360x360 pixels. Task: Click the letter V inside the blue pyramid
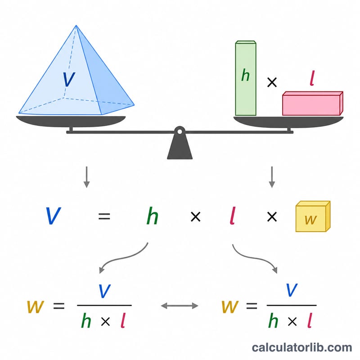(x=69, y=79)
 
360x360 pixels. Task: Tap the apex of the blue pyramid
(x=76, y=26)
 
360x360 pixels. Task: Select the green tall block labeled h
(x=246, y=78)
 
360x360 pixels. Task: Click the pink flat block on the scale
(x=313, y=103)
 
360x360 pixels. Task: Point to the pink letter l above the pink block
(x=312, y=78)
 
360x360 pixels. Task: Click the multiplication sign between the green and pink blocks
(x=272, y=82)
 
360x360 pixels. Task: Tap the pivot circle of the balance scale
(x=180, y=132)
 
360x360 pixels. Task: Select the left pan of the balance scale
(x=71, y=121)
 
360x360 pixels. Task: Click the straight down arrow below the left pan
(x=86, y=177)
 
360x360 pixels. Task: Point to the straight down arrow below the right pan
(x=272, y=177)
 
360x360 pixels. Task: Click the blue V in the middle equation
(x=53, y=216)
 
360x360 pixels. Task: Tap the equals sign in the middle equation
(x=104, y=216)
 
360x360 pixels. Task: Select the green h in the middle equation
(x=153, y=216)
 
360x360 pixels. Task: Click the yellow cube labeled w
(x=313, y=216)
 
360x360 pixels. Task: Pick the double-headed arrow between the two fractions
(x=180, y=306)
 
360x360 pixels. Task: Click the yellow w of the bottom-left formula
(x=36, y=306)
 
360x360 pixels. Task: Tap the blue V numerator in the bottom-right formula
(x=292, y=290)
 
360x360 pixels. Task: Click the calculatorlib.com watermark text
(x=302, y=347)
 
